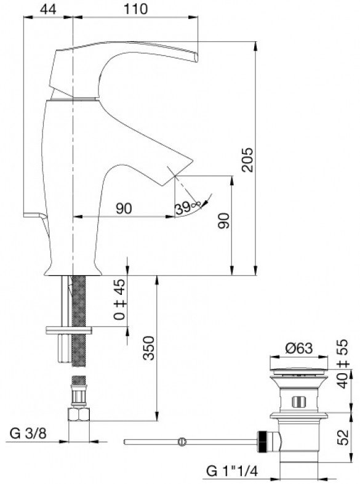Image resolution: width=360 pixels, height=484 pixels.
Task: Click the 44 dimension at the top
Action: [48, 9]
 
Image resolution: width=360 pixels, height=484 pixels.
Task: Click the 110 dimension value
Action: [136, 9]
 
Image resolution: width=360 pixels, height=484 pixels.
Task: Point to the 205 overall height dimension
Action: [247, 160]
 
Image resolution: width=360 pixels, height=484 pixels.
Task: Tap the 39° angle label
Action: [188, 208]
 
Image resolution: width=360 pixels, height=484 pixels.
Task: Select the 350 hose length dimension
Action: [149, 348]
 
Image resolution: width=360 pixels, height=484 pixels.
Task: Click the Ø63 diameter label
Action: [299, 348]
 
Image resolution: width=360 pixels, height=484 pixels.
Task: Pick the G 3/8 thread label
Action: [28, 434]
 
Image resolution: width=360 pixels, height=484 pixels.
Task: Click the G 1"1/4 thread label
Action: [231, 471]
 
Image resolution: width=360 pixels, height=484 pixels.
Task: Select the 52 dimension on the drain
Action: [343, 437]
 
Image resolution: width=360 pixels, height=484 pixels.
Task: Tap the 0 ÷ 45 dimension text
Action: [119, 299]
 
